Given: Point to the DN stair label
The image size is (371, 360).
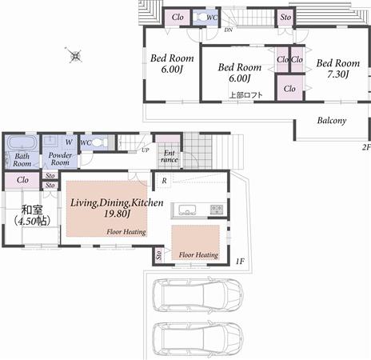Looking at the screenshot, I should pos(229,30).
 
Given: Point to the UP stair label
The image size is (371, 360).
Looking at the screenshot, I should pos(145,150).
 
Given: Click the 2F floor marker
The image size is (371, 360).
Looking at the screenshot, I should pos(365,147).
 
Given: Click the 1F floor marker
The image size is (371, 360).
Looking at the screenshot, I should pos(239,262).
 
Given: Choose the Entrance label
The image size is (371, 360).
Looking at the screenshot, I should pos(170,156).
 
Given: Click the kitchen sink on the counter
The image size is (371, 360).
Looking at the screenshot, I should pos(187,210).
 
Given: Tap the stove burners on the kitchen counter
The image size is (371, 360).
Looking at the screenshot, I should pos(217,210).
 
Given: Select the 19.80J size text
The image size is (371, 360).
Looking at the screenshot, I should pos(117,214).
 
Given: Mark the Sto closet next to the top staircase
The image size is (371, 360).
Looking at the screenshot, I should pos(285,16).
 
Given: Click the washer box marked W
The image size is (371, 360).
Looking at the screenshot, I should pos(69,141).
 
